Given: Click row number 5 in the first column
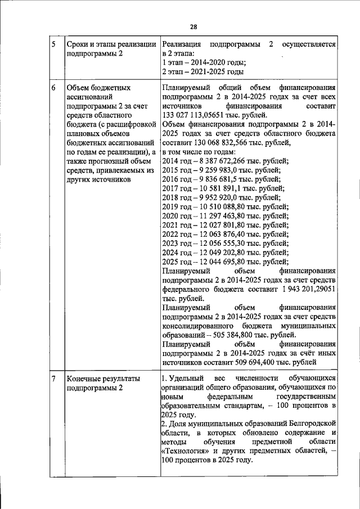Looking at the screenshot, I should click(53, 44).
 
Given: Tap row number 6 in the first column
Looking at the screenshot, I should click(53, 88).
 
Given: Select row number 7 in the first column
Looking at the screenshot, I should click(53, 379).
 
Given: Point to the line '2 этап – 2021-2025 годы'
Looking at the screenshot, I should click(202, 73).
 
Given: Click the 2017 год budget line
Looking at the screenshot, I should click(223, 188).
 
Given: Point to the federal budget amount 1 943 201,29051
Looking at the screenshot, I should click(302, 288).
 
